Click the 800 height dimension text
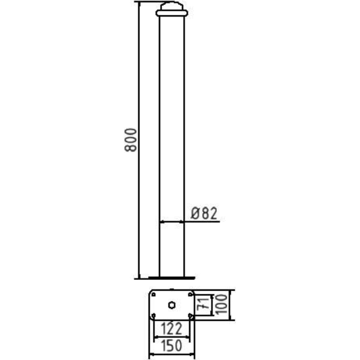(x=130, y=140)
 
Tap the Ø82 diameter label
(x=204, y=213)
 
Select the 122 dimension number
(x=171, y=328)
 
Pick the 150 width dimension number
(x=171, y=346)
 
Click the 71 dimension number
(x=204, y=305)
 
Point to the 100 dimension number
(x=221, y=305)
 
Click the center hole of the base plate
(x=172, y=305)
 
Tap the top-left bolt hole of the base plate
(x=153, y=295)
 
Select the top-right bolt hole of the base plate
(x=190, y=295)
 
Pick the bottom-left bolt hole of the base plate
(x=153, y=315)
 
